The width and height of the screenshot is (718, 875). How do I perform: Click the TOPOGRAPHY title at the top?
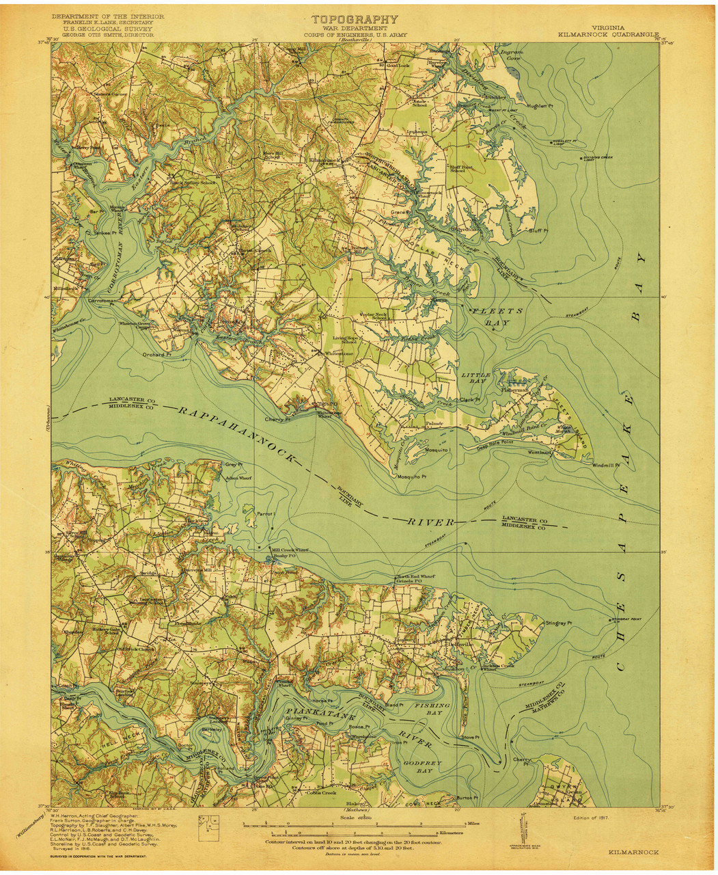tap(355, 20)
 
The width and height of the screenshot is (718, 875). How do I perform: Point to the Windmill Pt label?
tap(605, 464)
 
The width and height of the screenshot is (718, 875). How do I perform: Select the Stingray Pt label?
tap(559, 623)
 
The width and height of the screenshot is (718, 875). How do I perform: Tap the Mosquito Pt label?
tap(412, 476)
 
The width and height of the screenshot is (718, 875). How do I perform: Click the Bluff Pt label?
tap(539, 230)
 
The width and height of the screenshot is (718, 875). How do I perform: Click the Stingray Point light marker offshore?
tap(610, 621)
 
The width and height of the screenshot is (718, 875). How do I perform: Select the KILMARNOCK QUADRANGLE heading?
tap(607, 33)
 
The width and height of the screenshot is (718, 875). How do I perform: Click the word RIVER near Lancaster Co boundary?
tap(432, 522)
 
